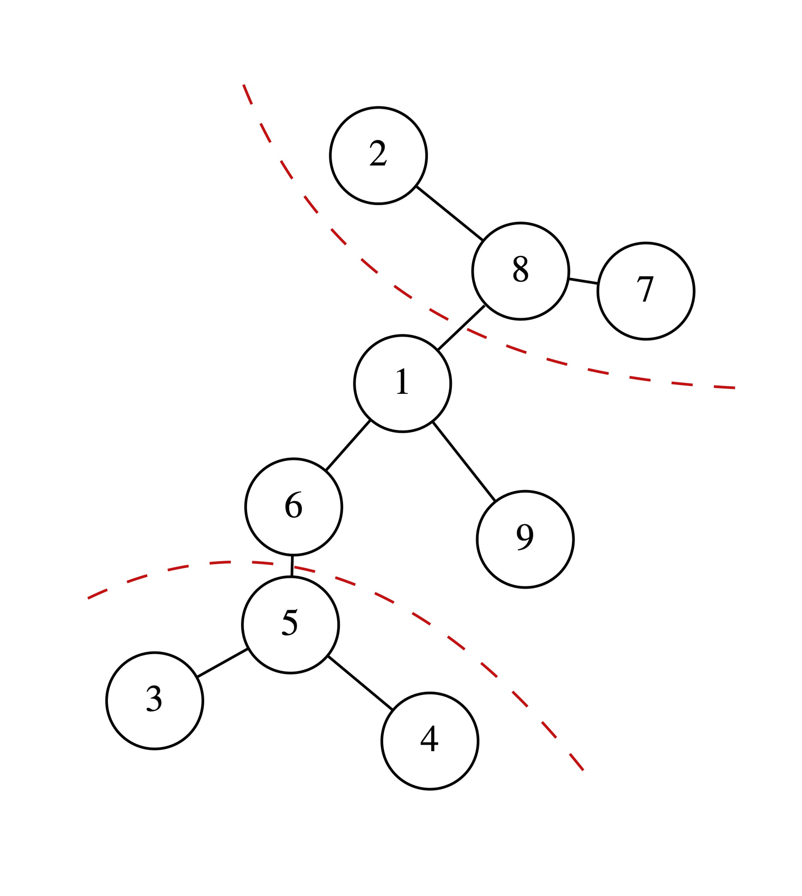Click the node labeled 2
point(378,156)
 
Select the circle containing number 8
point(520,271)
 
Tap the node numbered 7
point(645,291)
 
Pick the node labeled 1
point(402,384)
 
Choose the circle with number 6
point(293,507)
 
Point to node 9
point(525,539)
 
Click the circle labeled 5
point(290,625)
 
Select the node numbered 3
point(155,701)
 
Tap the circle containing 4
point(429,741)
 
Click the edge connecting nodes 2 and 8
point(450,213)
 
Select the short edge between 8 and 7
point(583,281)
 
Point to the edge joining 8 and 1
point(461,328)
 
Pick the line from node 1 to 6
point(348,445)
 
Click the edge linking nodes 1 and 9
point(464,461)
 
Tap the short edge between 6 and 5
point(292,566)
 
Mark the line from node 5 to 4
point(360,683)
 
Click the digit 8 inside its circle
point(520,269)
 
